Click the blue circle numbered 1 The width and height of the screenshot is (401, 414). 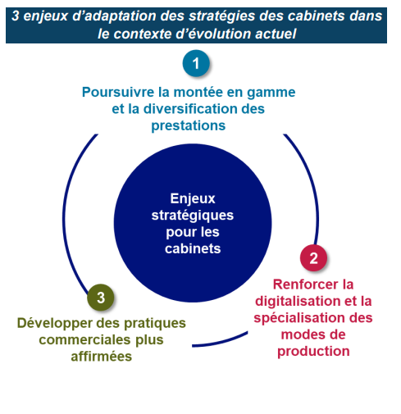(196, 63)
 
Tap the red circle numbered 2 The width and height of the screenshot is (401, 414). (313, 258)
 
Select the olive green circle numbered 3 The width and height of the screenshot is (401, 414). (101, 298)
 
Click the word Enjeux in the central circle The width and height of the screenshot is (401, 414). (193, 198)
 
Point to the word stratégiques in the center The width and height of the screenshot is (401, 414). (193, 216)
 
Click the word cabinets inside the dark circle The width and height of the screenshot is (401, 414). (193, 248)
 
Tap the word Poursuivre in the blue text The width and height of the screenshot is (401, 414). (118, 92)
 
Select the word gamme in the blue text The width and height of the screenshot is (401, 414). (271, 93)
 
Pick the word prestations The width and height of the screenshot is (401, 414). (189, 126)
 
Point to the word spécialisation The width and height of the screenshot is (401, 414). (299, 318)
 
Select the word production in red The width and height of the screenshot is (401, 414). (313, 352)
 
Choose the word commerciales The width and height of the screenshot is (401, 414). (84, 340)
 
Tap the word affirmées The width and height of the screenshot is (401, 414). (102, 357)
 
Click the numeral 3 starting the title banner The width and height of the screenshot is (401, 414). (16, 16)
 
